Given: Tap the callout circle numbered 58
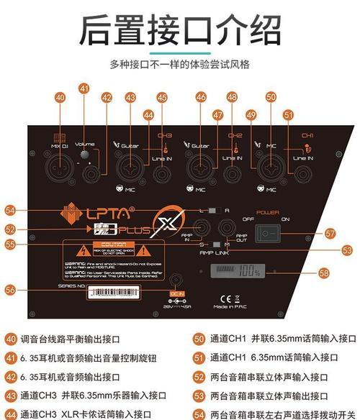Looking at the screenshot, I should pos(323,274).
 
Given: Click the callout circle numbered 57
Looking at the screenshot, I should pos(330,233).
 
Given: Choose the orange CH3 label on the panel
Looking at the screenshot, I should pos(164,135).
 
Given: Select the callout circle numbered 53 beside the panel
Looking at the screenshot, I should pos(347,250).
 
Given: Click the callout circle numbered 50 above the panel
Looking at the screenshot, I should pos(271,96).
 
